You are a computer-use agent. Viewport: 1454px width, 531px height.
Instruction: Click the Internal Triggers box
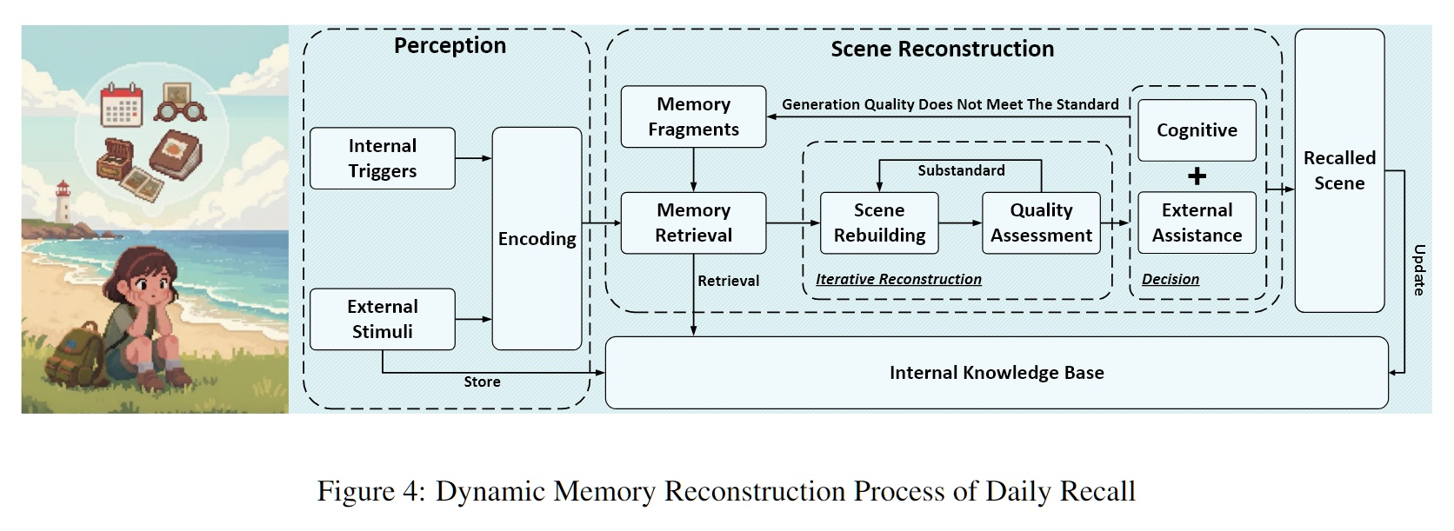383,158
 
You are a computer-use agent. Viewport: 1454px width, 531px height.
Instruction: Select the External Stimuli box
383,319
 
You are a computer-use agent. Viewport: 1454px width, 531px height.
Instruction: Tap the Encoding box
537,239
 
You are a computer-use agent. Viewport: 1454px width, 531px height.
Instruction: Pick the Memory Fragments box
693,116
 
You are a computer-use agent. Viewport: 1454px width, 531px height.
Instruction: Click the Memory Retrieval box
693,223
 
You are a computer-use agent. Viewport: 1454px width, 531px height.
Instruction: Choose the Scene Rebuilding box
879,223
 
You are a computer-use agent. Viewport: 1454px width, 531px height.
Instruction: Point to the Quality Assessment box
1041,223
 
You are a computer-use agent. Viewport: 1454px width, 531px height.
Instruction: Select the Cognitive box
1197,130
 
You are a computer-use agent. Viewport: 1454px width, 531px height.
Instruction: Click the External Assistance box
1197,223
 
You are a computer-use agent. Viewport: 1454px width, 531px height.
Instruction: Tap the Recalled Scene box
1339,170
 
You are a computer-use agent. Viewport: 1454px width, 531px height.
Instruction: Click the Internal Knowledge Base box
997,373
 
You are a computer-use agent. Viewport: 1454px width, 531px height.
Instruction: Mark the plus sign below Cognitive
1197,176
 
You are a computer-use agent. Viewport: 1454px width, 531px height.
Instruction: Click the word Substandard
961,170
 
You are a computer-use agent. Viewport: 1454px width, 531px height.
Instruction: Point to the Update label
1419,270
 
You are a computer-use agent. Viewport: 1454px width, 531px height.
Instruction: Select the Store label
482,382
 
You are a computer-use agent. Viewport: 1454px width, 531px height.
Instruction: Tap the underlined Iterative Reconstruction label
898,279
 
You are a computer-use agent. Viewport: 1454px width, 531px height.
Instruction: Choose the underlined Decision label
1170,279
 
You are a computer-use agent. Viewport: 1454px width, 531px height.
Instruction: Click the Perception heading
450,45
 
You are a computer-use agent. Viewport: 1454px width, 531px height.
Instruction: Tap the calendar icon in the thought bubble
122,105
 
